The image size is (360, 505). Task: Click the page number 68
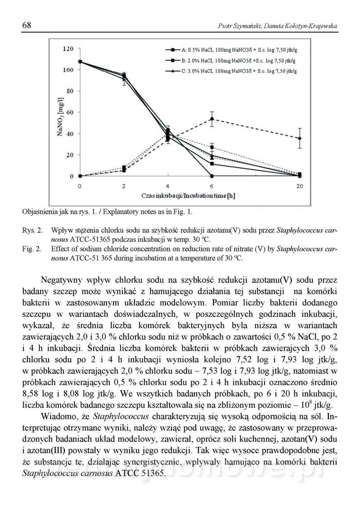pos(27,26)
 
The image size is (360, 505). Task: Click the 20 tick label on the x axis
pos(299,186)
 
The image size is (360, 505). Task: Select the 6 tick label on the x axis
pos(211,186)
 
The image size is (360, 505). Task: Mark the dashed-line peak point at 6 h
pos(212,119)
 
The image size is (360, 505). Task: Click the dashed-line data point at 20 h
pos(300,138)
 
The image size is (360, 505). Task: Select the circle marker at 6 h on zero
pos(212,176)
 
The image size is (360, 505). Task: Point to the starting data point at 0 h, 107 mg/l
pos(80,62)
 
